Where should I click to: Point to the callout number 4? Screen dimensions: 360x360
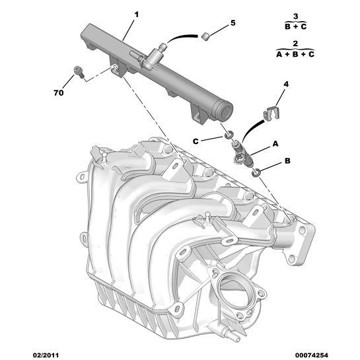pyautogui.click(x=286, y=84)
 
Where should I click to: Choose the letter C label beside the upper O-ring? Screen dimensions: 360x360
pyautogui.click(x=196, y=141)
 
